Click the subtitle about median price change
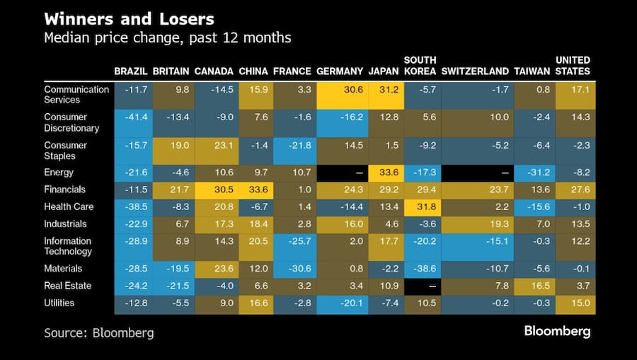point(167,37)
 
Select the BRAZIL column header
point(130,71)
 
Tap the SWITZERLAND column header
point(474,71)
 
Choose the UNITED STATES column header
point(573,66)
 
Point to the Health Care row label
point(69,207)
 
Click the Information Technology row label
point(68,246)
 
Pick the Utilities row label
point(59,303)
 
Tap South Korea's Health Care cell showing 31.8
point(421,207)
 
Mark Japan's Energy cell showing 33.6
point(386,173)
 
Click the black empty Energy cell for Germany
point(342,173)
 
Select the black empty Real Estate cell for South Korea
point(421,286)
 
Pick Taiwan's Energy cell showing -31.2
point(534,173)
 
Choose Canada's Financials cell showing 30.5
point(214,190)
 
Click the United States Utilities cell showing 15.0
point(575,303)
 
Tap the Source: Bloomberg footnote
point(98,332)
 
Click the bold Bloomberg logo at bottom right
point(557,331)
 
